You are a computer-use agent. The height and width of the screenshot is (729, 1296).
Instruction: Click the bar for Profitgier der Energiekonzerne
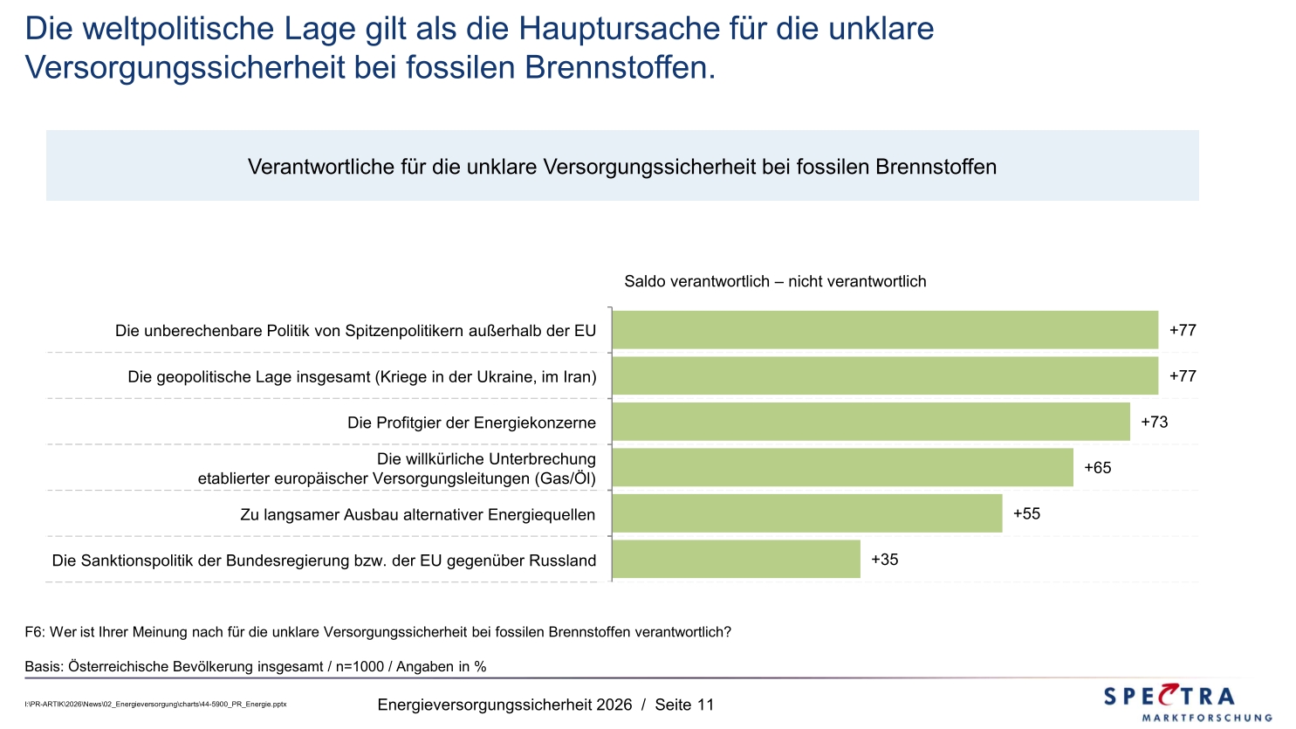pos(871,422)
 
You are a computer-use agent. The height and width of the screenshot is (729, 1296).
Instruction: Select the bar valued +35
pos(736,560)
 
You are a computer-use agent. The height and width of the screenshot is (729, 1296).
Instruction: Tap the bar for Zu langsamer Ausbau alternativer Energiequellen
pos(807,513)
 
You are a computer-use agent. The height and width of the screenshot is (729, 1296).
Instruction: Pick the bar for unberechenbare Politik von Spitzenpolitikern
pos(885,330)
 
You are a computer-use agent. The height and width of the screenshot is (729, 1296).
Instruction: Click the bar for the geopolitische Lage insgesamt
pos(885,376)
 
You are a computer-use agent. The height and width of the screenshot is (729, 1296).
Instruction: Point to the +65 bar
pos(842,468)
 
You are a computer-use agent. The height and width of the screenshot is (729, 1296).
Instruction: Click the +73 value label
pos(1154,423)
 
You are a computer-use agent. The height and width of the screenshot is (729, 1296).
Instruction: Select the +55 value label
pos(1026,514)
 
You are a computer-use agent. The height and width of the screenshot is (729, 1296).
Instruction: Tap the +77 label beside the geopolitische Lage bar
pos(1183,376)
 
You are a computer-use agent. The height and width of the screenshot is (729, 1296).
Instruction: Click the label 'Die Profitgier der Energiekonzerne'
pos(471,423)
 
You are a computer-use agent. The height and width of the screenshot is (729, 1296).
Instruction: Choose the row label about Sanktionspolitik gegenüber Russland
pos(324,561)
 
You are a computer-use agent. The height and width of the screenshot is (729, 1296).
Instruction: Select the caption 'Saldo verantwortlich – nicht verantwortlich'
pos(775,282)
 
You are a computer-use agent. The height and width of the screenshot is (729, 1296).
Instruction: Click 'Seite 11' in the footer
pos(684,705)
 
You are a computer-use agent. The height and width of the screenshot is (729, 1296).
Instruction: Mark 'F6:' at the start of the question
pos(35,632)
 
